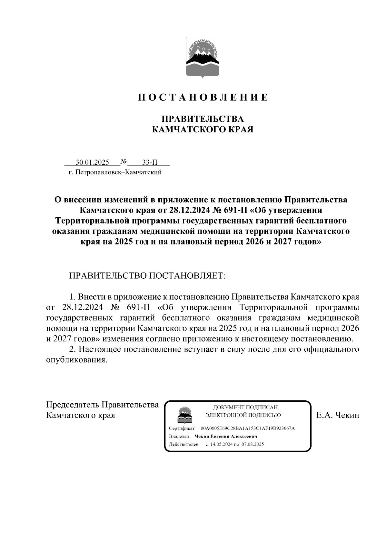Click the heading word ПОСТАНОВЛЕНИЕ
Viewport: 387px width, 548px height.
[x=203, y=97]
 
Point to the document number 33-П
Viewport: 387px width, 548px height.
[x=150, y=162]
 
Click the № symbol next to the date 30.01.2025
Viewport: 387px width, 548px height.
[x=124, y=162]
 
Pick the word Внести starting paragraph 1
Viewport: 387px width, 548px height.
[x=93, y=296]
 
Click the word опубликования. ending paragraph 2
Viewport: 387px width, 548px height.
[x=76, y=360]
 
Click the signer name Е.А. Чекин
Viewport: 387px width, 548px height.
[x=338, y=415]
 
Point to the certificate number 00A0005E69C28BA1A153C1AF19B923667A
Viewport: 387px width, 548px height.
[x=248, y=429]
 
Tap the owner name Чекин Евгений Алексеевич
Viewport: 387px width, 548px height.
[x=228, y=436]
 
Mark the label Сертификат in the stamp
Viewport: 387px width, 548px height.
[x=182, y=429]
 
